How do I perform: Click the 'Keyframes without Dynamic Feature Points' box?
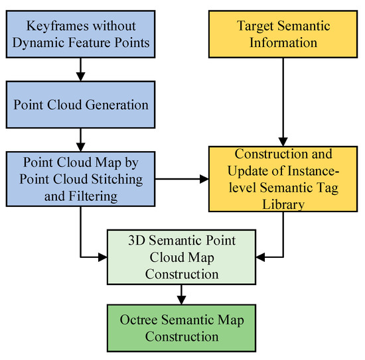80,35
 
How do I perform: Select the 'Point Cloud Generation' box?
80,105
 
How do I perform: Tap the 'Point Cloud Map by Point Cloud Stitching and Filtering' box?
80,179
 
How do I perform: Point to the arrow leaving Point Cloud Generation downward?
80,137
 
